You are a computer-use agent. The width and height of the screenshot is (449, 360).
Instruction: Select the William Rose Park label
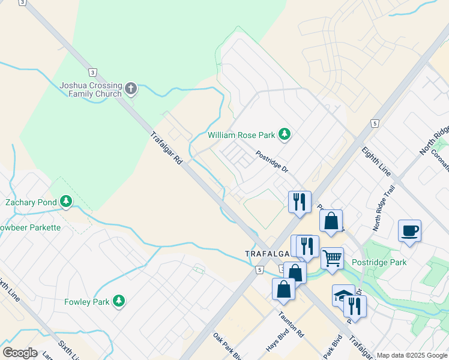tap(241, 135)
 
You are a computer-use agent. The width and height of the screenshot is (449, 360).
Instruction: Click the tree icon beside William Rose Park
tap(285, 135)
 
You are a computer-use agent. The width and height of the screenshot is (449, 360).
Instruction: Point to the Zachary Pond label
tap(30, 202)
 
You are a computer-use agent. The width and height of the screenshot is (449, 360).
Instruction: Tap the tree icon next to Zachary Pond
tap(65, 202)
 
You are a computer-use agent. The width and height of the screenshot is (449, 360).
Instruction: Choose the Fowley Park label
tap(87, 301)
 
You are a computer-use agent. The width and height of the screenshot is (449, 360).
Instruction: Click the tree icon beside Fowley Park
tap(119, 301)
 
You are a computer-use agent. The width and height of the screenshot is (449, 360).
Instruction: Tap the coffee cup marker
tap(409, 230)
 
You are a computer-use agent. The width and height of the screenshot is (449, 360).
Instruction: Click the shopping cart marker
tap(332, 258)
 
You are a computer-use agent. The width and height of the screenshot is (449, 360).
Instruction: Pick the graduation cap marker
tap(343, 295)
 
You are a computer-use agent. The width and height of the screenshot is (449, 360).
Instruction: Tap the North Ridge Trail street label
tap(384, 208)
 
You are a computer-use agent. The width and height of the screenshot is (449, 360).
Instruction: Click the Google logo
tap(20, 353)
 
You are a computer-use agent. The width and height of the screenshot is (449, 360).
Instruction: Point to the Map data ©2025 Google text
tap(411, 355)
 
